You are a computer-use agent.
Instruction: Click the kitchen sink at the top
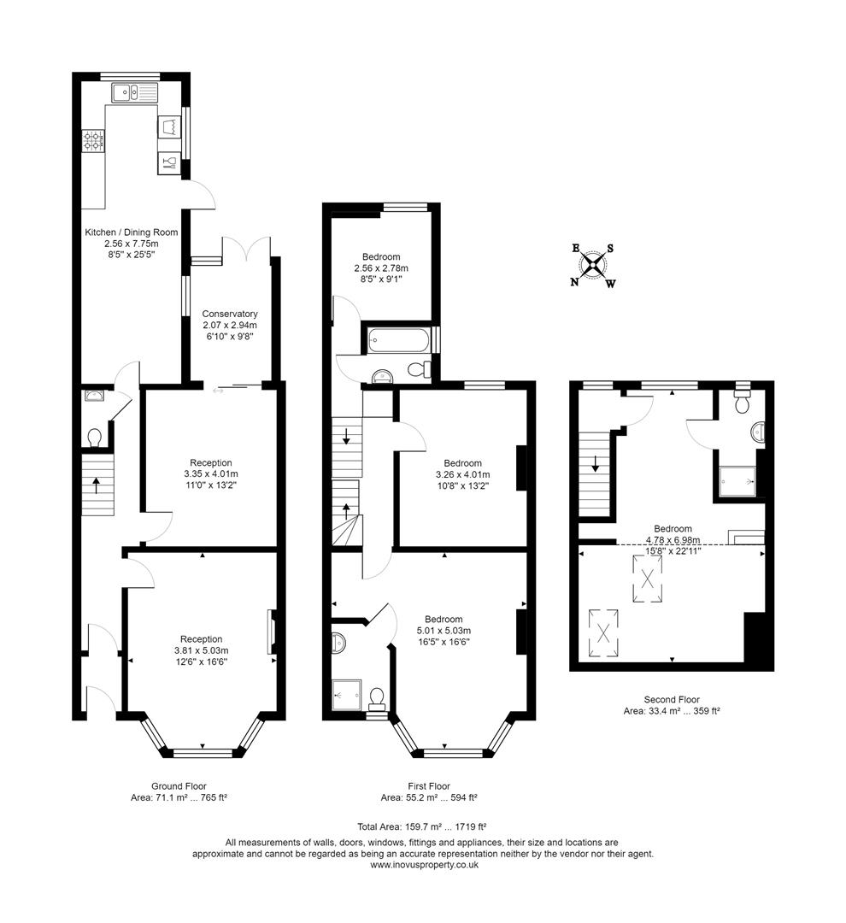134,91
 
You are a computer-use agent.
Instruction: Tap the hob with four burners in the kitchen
92,141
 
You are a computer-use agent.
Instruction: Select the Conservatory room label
230,314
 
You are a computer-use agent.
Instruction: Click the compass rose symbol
593,265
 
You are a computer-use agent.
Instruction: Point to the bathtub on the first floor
399,340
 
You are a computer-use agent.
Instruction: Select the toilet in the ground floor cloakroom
95,437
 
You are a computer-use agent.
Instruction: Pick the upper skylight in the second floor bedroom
647,579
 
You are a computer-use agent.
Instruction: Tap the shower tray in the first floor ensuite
348,695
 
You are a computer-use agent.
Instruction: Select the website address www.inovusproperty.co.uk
424,864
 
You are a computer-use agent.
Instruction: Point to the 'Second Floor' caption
673,699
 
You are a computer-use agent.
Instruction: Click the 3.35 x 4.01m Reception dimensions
210,474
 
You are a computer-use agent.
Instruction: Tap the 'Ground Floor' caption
179,786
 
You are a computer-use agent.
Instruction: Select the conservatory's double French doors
247,248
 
